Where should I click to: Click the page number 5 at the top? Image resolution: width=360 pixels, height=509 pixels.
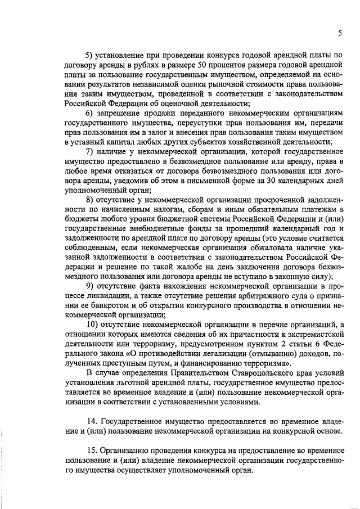point(340,33)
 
